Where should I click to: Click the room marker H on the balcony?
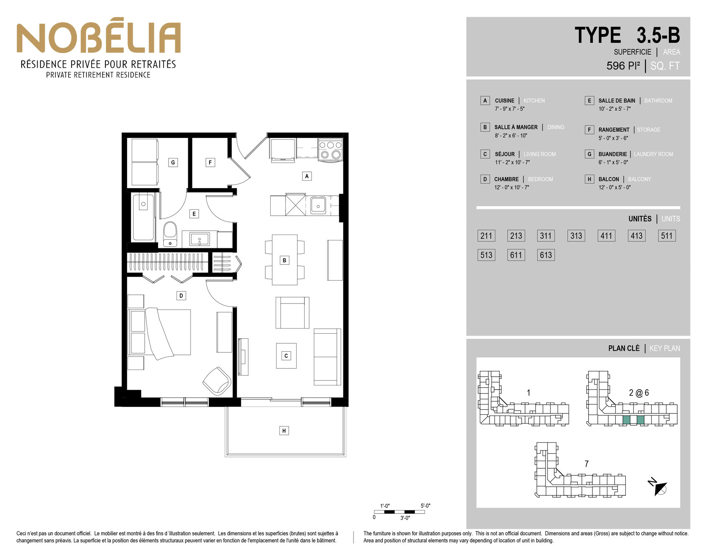click(284, 431)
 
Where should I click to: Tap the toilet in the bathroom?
click(170, 234)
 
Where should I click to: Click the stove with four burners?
click(330, 150)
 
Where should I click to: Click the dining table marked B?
click(284, 260)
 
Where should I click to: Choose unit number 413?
click(636, 236)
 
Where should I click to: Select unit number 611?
click(516, 255)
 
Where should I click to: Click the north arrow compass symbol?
click(658, 487)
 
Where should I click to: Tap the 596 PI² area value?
click(623, 66)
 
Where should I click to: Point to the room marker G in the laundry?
click(173, 162)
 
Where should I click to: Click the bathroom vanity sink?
click(200, 240)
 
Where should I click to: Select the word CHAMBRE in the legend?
click(506, 179)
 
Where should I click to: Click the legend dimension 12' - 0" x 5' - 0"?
click(615, 187)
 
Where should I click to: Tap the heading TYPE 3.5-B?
click(627, 35)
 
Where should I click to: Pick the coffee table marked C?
click(286, 356)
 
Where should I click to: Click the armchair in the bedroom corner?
click(217, 381)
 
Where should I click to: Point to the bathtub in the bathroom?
click(143, 217)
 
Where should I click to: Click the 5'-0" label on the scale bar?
click(425, 506)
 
